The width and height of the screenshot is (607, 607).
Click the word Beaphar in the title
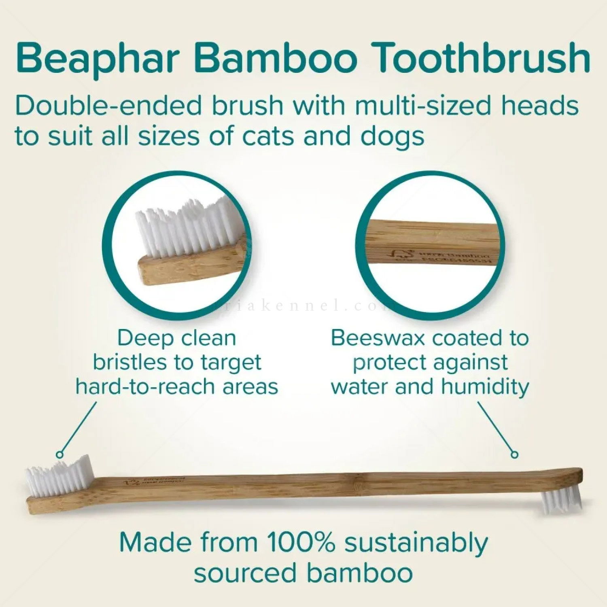click(97, 58)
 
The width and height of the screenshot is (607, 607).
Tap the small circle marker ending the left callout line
click(60, 455)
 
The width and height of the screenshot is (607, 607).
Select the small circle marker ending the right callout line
click(514, 454)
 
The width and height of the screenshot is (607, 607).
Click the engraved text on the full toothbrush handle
click(156, 481)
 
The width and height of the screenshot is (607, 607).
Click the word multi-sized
click(423, 106)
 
